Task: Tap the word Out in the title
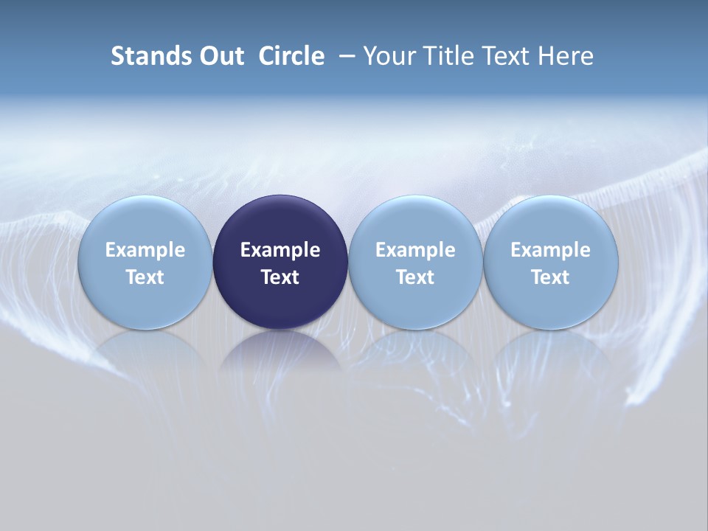click(219, 56)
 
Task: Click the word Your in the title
click(389, 56)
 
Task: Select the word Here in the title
click(566, 56)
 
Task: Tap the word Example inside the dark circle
click(280, 250)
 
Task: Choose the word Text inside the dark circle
click(280, 277)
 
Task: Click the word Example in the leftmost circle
click(145, 250)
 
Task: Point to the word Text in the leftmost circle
click(145, 277)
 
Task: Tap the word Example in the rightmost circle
click(550, 250)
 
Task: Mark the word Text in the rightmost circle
click(550, 277)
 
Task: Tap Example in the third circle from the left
click(415, 250)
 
